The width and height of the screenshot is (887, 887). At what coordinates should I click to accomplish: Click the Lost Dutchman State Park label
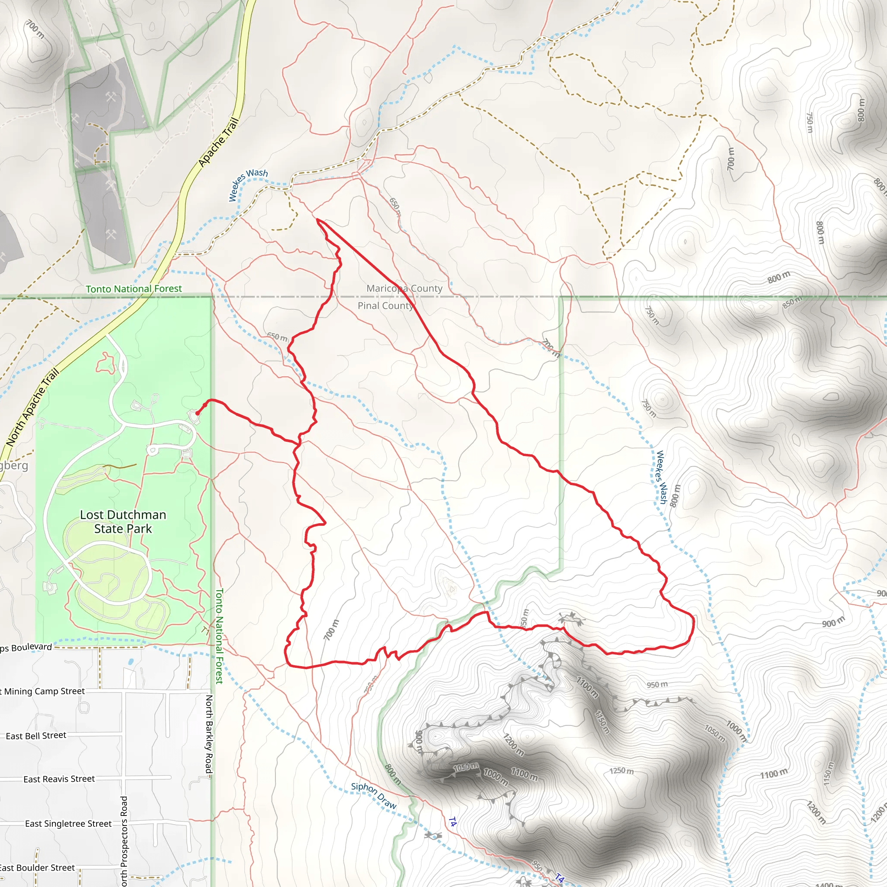pos(123,521)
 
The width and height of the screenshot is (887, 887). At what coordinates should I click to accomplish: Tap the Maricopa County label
pos(404,288)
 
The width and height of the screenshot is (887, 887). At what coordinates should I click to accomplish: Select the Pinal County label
pos(385,306)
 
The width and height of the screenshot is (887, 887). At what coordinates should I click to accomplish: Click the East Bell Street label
pos(36,735)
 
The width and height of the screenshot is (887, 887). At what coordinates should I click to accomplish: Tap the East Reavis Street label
pos(59,779)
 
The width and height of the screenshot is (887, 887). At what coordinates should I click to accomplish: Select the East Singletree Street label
pos(68,824)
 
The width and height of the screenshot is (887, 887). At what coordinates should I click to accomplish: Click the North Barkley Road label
pos(209,734)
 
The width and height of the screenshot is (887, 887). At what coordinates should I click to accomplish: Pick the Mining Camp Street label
pos(44,691)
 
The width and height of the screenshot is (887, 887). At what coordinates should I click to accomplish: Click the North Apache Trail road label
pos(33,407)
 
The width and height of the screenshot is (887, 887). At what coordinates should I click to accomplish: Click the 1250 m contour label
pos(622,770)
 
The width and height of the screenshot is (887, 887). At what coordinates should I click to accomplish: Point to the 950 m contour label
pos(657,685)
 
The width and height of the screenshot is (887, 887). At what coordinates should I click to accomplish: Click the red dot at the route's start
pos(197,413)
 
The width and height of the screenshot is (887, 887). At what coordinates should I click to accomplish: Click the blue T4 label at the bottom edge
pos(559,877)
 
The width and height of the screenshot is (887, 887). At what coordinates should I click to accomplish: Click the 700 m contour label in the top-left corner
pos(36,29)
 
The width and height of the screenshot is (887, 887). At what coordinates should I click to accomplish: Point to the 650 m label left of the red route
pos(277,337)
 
